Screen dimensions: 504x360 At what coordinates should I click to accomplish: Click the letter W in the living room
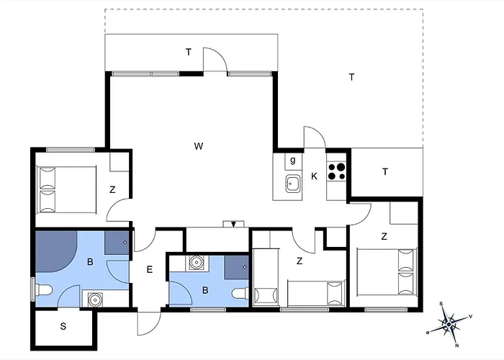[x=199, y=146]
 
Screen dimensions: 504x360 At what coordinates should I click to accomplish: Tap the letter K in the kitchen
[x=314, y=176]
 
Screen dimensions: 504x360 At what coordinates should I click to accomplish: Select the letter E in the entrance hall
[x=150, y=269]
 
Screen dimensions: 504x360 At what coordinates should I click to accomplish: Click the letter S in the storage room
[x=63, y=326]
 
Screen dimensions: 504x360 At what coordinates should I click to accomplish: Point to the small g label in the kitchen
[x=292, y=160]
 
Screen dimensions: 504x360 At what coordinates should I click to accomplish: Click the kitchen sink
[x=293, y=184]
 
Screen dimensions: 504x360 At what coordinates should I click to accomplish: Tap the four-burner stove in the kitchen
[x=336, y=171]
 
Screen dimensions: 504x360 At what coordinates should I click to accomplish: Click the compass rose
[x=449, y=324]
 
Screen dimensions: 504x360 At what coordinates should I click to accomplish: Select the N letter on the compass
[x=456, y=346]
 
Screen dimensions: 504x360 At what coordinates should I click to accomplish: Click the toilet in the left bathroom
[x=44, y=290]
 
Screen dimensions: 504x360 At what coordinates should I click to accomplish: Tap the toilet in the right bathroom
[x=240, y=293]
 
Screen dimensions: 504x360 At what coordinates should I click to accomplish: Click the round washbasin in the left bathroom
[x=94, y=300]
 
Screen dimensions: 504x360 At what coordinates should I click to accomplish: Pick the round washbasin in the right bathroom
[x=196, y=263]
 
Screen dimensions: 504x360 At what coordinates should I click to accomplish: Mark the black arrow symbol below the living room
[x=234, y=224]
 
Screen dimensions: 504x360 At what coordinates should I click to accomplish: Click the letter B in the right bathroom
[x=205, y=290]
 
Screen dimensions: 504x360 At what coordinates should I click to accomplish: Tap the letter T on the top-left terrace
[x=189, y=52]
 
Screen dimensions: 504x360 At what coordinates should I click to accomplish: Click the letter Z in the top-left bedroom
[x=112, y=189]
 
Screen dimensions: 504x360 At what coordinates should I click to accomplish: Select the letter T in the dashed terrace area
[x=351, y=77]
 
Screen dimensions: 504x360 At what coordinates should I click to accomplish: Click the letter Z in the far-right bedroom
[x=384, y=237]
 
